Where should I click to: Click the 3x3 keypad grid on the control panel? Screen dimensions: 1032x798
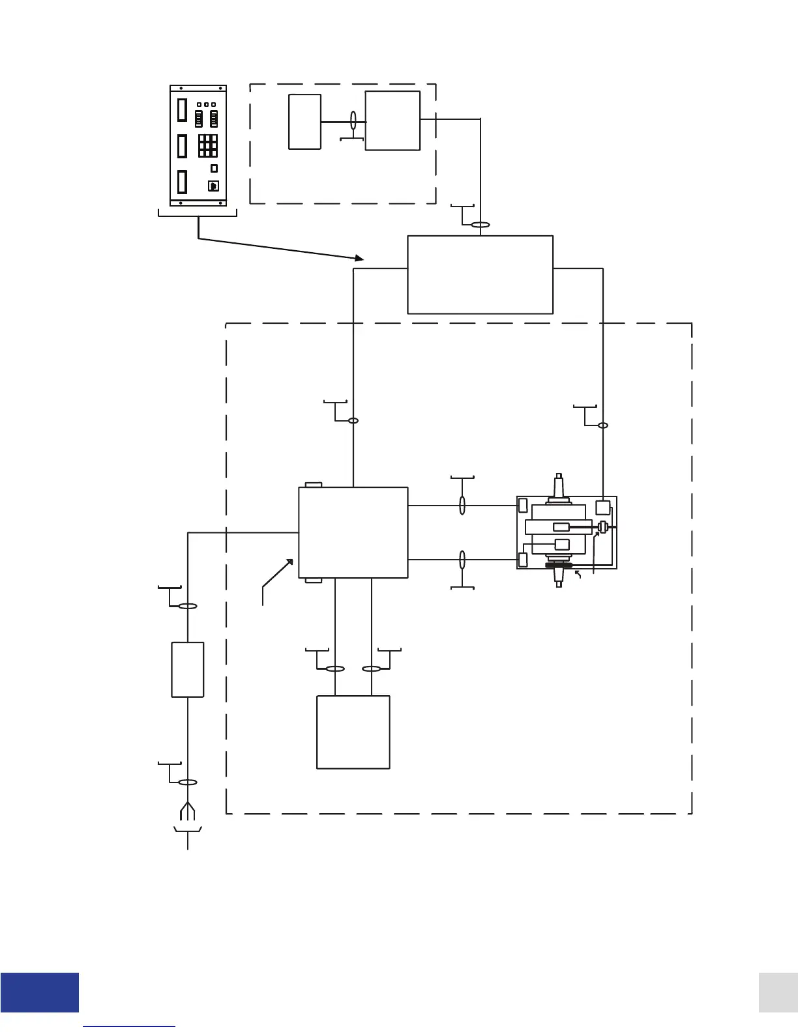pos(208,145)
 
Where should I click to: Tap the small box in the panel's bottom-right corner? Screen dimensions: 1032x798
pos(213,186)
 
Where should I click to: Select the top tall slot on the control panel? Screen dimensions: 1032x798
pos(183,110)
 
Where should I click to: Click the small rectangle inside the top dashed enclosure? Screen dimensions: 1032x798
pos(304,122)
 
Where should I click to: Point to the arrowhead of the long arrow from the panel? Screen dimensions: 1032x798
pos(361,259)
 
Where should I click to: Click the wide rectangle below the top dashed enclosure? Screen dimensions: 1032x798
pos(480,274)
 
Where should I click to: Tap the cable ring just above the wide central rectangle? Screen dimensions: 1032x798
pos(480,225)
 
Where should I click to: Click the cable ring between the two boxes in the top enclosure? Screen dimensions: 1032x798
pos(353,121)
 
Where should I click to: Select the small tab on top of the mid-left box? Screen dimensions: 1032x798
pos(314,485)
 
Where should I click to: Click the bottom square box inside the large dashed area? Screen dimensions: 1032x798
pos(353,732)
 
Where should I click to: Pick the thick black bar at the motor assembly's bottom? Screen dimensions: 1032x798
pos(559,566)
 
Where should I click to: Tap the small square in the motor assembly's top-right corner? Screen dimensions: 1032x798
pos(602,508)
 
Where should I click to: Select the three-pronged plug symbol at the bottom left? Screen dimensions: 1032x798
pos(188,810)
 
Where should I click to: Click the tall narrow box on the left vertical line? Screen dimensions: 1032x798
pos(188,669)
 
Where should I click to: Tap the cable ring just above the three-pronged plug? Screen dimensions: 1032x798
pos(188,782)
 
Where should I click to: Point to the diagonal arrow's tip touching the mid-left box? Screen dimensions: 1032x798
pos(291,560)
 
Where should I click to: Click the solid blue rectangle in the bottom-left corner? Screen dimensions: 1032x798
pos(39,992)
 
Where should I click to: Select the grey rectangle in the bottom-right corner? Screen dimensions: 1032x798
pos(778,992)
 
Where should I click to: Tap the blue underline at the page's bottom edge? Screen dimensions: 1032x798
pos(129,1027)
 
